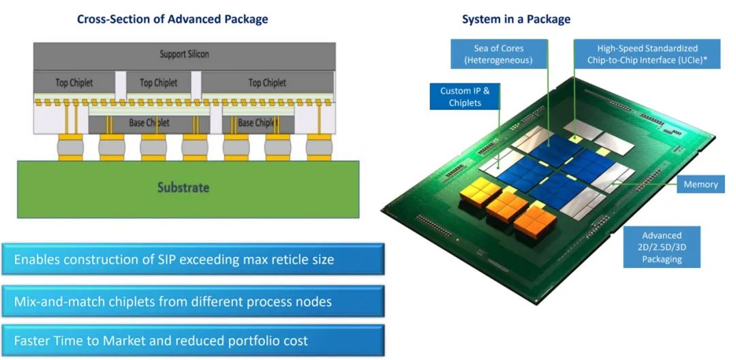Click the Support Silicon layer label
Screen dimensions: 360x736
click(184, 54)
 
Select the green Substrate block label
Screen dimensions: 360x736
click(183, 187)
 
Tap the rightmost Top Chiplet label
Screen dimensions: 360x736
click(267, 82)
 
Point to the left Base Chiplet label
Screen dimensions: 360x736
click(149, 123)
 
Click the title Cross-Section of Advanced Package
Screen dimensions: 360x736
click(172, 19)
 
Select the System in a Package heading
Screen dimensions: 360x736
click(516, 19)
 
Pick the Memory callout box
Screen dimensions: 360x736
click(701, 184)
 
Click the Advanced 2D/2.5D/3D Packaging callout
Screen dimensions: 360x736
click(661, 247)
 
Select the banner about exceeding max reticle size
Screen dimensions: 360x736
click(193, 260)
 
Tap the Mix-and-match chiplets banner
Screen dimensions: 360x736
click(193, 301)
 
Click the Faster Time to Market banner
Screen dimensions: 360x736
click(193, 340)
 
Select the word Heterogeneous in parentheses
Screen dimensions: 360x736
click(497, 60)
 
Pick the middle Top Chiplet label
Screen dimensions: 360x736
click(158, 82)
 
